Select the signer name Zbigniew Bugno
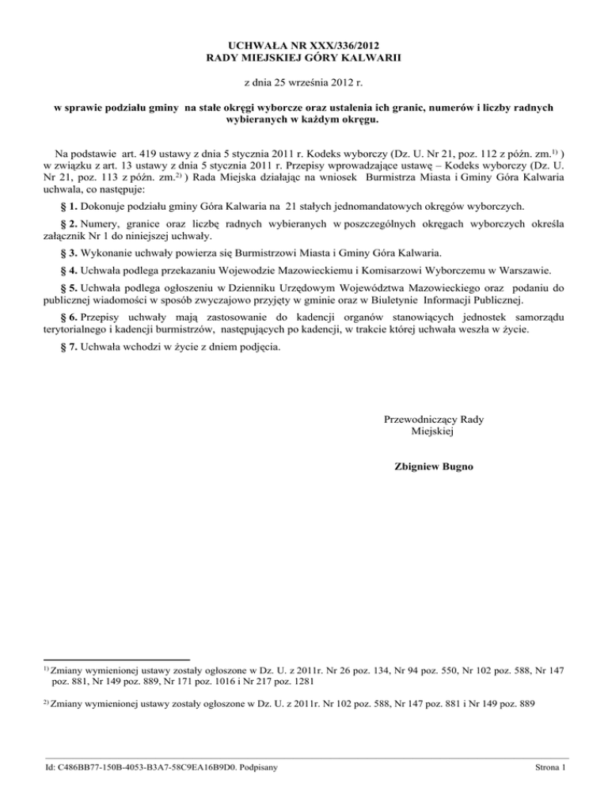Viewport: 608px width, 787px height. (432, 467)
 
